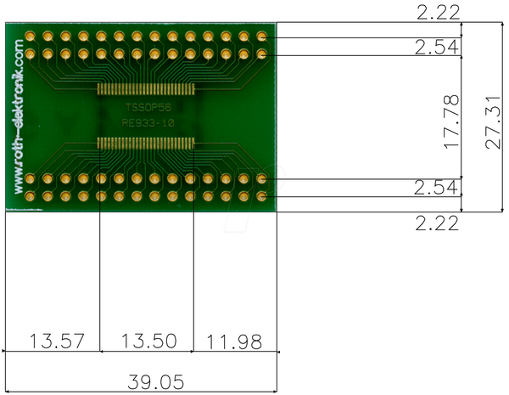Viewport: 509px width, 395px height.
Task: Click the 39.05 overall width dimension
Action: [x=156, y=381]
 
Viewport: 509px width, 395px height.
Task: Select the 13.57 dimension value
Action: [x=57, y=341]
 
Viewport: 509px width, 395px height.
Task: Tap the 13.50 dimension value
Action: [x=149, y=341]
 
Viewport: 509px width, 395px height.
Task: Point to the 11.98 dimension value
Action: [x=234, y=342]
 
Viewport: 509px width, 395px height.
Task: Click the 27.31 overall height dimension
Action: [x=494, y=122]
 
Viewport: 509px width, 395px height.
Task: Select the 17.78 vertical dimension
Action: [x=451, y=122]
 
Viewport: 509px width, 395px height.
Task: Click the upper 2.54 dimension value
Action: [x=437, y=47]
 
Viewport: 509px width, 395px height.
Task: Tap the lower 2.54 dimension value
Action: [x=436, y=187]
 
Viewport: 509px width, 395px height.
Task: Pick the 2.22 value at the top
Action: [x=439, y=13]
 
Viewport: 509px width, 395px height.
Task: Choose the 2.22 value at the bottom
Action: [x=437, y=223]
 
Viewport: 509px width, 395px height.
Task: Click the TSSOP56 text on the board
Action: [x=148, y=108]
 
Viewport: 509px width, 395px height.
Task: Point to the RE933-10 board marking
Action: [x=148, y=123]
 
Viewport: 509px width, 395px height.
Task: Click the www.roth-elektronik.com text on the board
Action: [x=19, y=116]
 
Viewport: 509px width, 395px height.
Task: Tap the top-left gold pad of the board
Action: [x=30, y=36]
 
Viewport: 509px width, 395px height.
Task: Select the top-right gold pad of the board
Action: [x=261, y=36]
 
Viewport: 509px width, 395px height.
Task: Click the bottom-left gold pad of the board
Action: [x=30, y=196]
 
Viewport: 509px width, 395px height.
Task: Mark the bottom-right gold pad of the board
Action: [x=261, y=196]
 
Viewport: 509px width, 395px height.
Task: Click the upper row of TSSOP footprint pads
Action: [x=146, y=88]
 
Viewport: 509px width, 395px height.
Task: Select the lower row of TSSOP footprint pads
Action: [x=146, y=143]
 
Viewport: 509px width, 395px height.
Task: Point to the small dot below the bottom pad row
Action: [x=178, y=206]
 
